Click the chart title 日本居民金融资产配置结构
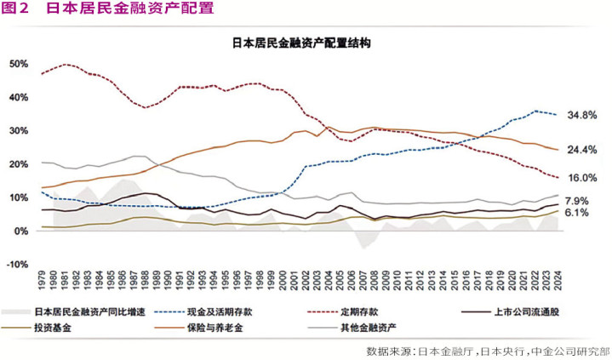click(x=301, y=42)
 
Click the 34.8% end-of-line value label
click(x=582, y=115)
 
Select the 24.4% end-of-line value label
click(x=582, y=151)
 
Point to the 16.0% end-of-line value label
click(x=582, y=178)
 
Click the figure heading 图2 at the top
click(x=17, y=9)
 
